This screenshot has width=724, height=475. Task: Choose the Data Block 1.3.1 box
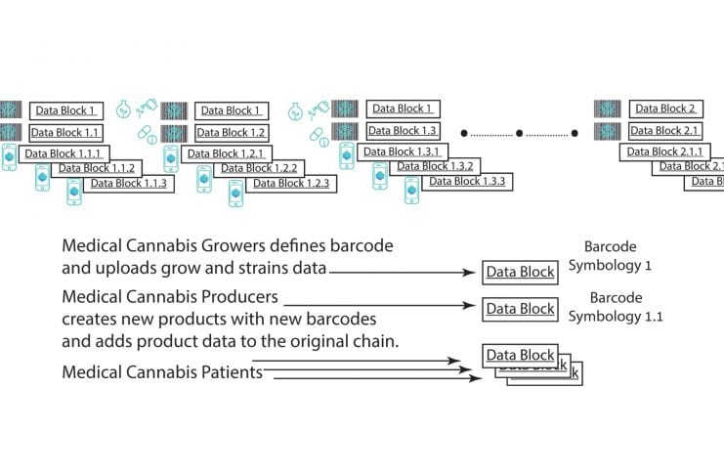tap(403, 151)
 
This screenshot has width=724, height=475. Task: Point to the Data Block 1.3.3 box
tap(466, 181)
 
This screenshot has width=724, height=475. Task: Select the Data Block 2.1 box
tap(663, 131)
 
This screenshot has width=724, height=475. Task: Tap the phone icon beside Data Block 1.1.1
tap(9, 155)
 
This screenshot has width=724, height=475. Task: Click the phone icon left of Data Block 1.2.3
tap(235, 193)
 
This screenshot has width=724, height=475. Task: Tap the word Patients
tap(227, 371)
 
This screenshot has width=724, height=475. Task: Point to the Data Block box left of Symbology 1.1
tap(521, 308)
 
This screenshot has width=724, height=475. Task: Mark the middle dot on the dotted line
tap(519, 132)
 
